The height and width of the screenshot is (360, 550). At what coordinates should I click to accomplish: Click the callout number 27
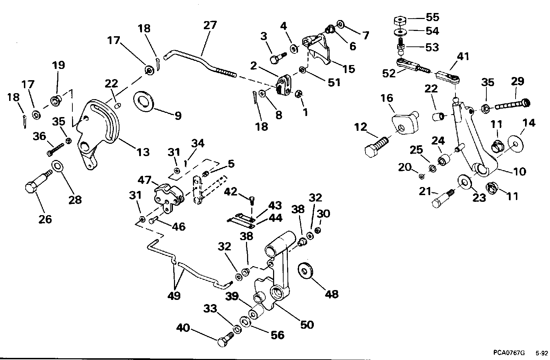coord(210,25)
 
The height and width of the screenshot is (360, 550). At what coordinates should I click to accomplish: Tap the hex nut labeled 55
coord(400,21)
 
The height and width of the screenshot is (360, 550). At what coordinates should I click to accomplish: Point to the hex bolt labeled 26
coord(39,180)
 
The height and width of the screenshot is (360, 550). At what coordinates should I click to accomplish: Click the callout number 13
coord(143,152)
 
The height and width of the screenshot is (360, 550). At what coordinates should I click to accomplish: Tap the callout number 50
coord(307,324)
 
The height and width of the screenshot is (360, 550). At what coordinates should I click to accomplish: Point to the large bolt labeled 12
coord(376,146)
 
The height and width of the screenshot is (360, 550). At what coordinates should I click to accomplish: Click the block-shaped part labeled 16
coord(405,123)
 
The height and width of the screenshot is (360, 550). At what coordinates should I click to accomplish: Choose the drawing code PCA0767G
coord(509,353)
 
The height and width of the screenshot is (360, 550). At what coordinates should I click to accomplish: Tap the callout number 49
coord(174,296)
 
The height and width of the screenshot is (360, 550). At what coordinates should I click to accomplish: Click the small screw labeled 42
coord(252,201)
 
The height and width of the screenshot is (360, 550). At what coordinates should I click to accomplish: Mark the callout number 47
coord(144,180)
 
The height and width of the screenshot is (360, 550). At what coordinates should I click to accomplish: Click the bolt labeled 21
coord(443,199)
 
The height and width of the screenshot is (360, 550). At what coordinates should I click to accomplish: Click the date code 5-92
coord(542,353)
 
